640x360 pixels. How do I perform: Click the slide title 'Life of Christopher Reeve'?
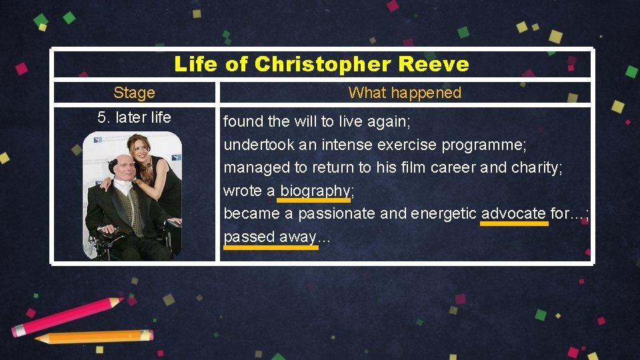point(321,65)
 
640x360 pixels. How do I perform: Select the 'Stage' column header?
point(134,93)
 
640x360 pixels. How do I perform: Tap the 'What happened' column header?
point(405,93)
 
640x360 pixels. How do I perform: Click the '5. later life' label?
point(134,118)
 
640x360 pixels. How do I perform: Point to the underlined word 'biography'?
point(315,191)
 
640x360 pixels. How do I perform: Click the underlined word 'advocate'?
point(513,214)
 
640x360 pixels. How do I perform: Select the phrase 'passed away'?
point(269,237)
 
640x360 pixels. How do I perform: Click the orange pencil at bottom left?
point(93,336)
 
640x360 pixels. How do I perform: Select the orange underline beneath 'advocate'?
point(514,224)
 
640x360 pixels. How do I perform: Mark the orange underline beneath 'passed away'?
point(271,247)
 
